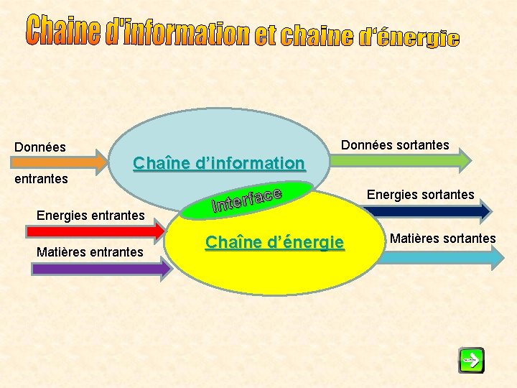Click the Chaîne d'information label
point(219,163)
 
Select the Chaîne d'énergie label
point(275,243)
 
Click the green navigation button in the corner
point(472,360)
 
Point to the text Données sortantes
point(395,145)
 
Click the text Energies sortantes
point(421,194)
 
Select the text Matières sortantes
point(442,238)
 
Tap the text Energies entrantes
point(91,214)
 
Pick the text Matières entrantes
point(90,251)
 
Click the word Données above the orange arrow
point(40,147)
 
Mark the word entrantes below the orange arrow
point(42,177)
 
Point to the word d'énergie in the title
point(409,37)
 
